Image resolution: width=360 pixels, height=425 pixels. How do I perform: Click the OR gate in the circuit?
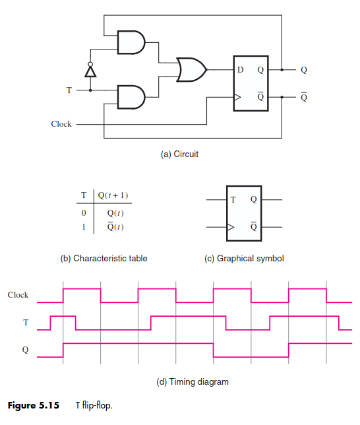point(192,70)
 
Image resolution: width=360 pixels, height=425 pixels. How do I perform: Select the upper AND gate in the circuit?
point(131,42)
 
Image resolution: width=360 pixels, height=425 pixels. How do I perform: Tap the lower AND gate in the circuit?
point(131,97)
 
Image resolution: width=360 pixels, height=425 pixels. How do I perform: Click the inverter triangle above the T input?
point(90,71)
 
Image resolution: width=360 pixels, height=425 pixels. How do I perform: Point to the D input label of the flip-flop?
point(241,70)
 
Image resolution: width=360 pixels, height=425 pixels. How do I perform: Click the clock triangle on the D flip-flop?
point(237,97)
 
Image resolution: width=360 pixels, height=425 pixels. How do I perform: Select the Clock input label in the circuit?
point(61,124)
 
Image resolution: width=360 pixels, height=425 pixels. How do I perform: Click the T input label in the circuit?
point(69,90)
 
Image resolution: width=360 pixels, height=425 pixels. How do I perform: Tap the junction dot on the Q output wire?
point(282,70)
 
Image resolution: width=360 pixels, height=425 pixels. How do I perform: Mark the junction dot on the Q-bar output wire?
point(282,97)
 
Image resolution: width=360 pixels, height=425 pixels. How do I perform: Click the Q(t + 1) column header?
point(113,195)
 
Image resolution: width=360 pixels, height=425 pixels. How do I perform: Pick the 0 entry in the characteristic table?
point(84,213)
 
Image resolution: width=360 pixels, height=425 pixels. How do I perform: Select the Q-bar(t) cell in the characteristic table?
point(115,226)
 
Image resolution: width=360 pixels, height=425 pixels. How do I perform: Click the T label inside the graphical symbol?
point(233,200)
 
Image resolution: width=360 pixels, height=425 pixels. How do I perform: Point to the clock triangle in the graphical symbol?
point(231,227)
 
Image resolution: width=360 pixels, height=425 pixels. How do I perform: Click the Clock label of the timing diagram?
point(18,295)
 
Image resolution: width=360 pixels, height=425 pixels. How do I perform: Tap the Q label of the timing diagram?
point(25,350)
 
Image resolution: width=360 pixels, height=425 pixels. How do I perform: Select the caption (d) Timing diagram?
point(193,382)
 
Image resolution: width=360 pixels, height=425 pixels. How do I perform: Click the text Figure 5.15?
point(34,405)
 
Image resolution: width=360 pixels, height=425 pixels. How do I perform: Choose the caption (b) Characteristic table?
point(104,258)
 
